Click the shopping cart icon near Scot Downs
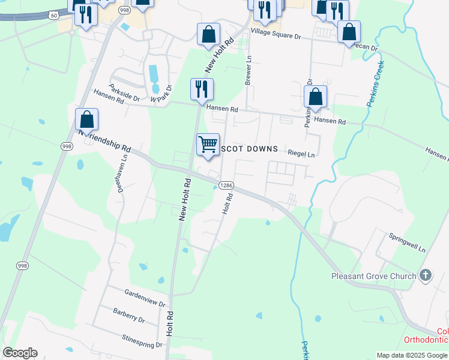208,144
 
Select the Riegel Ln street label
301,154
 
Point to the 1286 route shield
226,185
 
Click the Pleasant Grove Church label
373,276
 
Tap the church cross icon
425,275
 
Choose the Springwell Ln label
407,243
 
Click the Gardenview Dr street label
145,297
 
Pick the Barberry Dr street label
129,315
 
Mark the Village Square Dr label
276,33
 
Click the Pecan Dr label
365,47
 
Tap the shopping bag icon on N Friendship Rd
87,120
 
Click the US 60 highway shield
54,14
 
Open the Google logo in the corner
20,353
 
